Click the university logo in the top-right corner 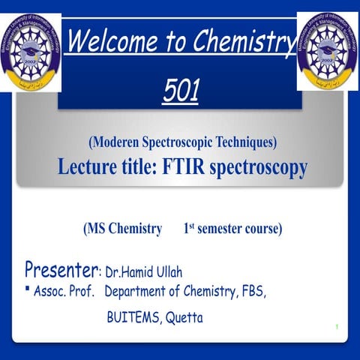coord(327,50)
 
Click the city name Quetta coord(184,318)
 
